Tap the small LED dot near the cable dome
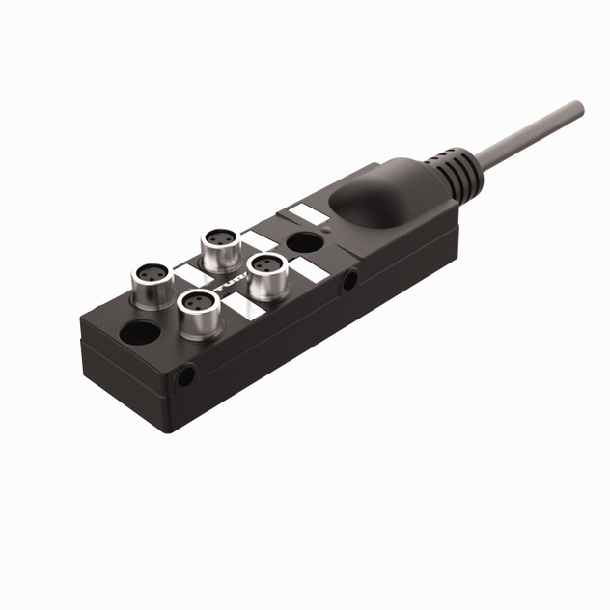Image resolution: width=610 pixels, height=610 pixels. tap(327, 231)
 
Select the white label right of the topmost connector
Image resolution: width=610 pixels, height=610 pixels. tap(255, 240)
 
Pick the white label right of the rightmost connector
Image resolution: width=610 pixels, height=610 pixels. tap(302, 269)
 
